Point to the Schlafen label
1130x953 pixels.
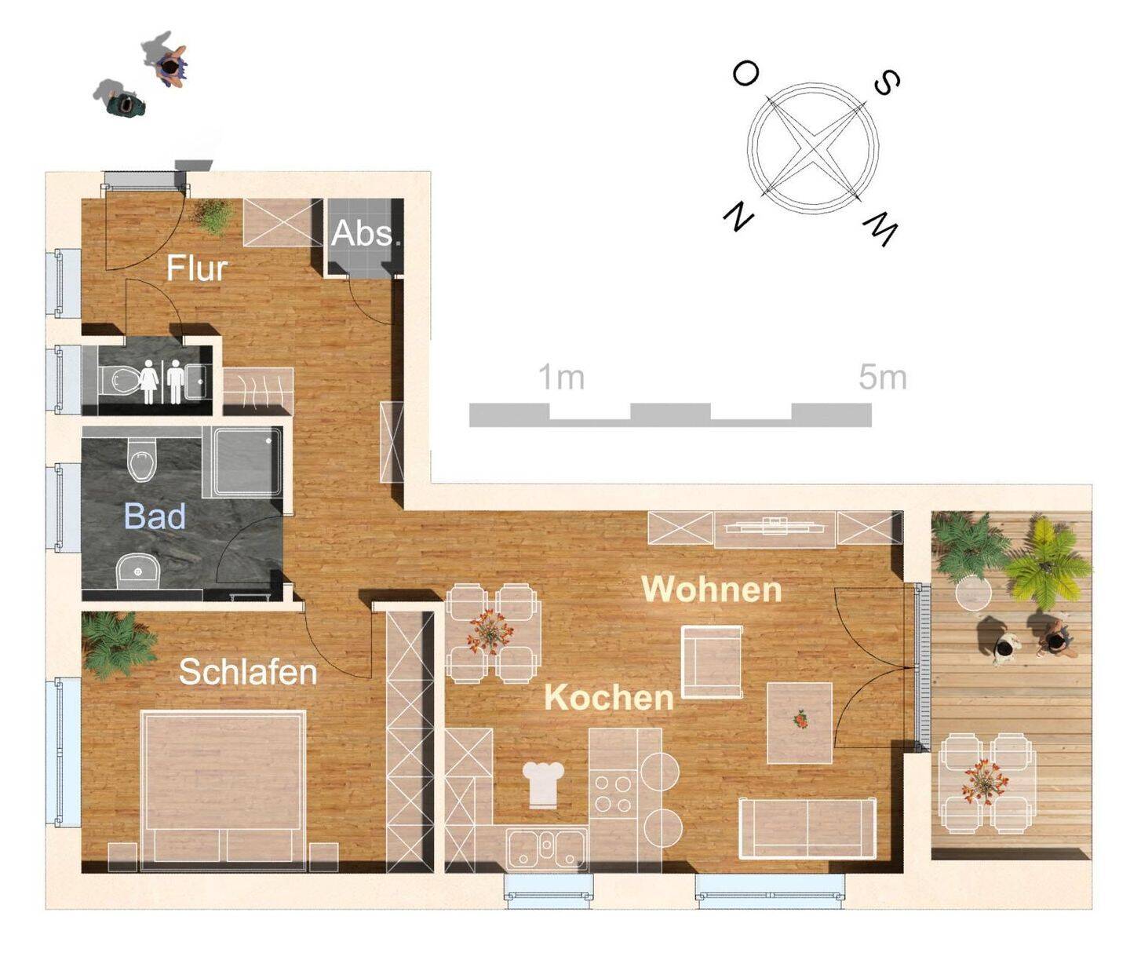[248, 672]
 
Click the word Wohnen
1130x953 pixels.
[712, 589]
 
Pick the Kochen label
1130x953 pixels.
[609, 697]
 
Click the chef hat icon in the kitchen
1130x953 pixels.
[543, 784]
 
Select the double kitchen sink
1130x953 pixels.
[547, 850]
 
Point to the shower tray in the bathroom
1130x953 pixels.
[242, 462]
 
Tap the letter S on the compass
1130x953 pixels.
[887, 84]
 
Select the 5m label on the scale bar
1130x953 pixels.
[882, 378]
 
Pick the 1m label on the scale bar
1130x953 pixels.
[561, 378]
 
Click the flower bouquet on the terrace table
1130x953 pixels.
[985, 782]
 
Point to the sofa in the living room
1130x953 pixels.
[807, 828]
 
